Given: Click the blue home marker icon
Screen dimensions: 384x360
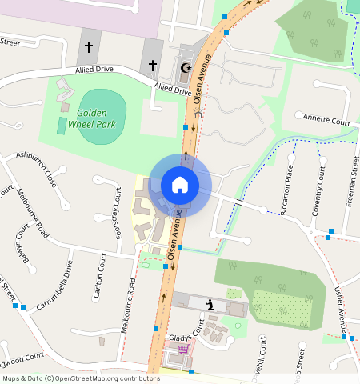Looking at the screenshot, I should point(180,185).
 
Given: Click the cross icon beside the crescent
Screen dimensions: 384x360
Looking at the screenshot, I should point(152,65).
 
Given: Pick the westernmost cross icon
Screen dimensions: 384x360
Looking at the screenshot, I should point(88,48).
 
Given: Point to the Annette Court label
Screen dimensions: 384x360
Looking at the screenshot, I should point(326,120).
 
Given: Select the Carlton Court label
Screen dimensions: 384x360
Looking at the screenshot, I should point(99,277).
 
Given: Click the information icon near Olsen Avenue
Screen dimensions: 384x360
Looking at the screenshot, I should point(210,304).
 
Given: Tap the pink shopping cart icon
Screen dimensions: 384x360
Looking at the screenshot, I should point(183,349).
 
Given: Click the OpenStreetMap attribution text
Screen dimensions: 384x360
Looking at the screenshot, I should point(70,378).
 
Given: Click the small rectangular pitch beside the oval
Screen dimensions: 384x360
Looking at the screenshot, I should point(62,126).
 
